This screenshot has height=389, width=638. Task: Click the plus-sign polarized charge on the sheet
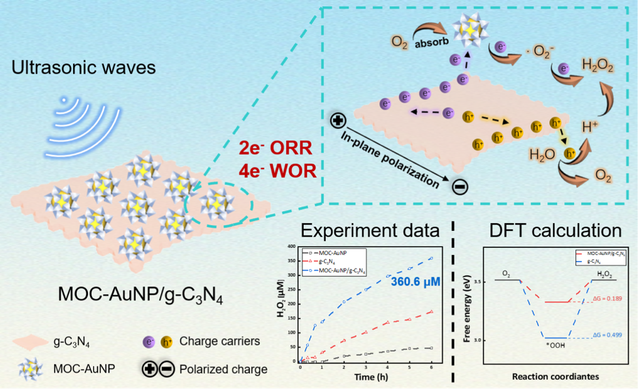point(338,120)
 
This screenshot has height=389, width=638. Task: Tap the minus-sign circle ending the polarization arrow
point(460,188)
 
